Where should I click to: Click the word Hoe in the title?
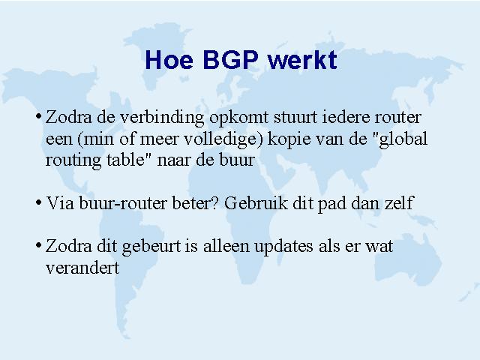tap(169, 60)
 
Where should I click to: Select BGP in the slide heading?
tap(231, 60)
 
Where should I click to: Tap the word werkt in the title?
tap(302, 60)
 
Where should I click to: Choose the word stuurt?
tap(295, 118)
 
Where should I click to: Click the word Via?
tap(60, 203)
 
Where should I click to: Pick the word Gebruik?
tap(256, 203)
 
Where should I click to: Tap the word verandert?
tap(82, 268)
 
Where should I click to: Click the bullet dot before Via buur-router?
tap(38, 202)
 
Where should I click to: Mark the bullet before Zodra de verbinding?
tap(38, 116)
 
